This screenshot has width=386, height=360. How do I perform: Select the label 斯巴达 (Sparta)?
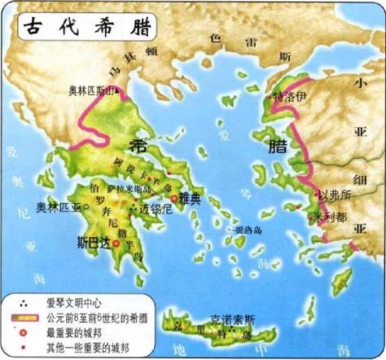coord(92,242)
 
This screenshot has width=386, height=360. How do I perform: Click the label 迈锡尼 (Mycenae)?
coord(156,209)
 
